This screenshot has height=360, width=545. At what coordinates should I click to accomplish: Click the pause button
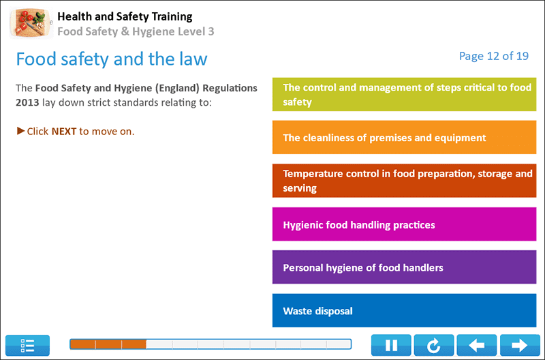(391, 345)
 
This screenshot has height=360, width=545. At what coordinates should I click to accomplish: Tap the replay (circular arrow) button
(434, 345)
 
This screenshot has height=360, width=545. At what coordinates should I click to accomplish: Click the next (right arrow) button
(520, 345)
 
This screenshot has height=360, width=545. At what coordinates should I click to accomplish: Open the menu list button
(28, 345)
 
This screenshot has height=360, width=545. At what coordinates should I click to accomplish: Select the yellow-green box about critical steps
(405, 95)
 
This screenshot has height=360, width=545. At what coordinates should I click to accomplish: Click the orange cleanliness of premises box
(405, 138)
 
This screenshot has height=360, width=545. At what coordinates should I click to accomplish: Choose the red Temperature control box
(405, 181)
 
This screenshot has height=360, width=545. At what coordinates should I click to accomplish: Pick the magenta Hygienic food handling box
(405, 224)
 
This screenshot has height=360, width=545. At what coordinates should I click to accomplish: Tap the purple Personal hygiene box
(405, 267)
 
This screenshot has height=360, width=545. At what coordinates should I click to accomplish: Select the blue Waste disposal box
(405, 311)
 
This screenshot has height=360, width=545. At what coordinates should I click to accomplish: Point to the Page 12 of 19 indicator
(494, 56)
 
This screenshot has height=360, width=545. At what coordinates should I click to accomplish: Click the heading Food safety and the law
(112, 59)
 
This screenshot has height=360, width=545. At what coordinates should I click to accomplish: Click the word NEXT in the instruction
(63, 131)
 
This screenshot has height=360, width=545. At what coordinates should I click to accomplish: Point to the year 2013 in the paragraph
(27, 103)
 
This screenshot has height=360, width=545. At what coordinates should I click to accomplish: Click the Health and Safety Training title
(125, 16)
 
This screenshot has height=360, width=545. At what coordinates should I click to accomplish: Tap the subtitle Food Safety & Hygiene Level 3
(136, 31)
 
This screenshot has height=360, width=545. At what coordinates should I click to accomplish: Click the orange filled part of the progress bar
(108, 344)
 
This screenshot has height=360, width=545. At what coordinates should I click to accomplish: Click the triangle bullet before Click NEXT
(20, 130)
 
